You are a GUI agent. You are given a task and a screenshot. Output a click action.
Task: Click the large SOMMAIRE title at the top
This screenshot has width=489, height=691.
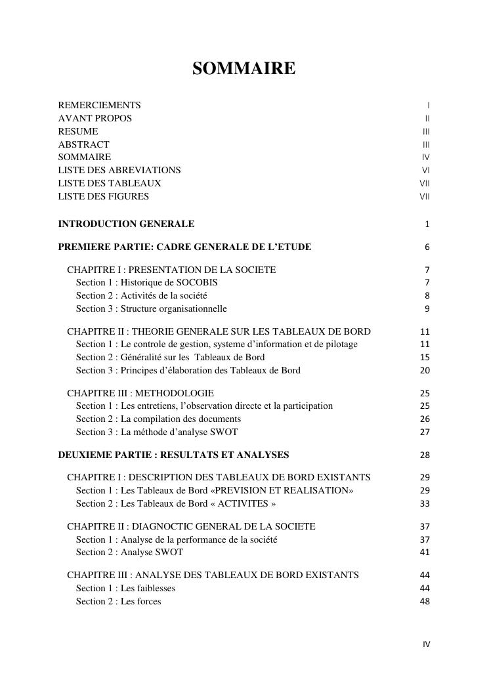coord(244,68)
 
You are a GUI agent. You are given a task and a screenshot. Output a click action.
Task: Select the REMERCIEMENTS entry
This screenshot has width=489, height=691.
coord(100,105)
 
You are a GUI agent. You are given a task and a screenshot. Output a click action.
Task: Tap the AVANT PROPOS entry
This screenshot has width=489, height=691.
coord(95,118)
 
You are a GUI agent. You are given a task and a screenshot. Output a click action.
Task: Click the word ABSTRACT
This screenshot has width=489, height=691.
coord(84,144)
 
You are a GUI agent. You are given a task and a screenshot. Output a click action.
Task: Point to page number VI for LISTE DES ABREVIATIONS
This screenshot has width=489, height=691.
coord(425,170)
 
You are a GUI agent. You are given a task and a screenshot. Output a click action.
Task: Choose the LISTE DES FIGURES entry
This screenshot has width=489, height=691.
coord(104,196)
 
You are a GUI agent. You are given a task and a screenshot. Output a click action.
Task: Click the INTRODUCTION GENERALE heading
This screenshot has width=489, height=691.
coord(126,224)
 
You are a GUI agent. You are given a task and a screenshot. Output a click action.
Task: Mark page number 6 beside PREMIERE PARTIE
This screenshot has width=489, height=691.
coord(427,247)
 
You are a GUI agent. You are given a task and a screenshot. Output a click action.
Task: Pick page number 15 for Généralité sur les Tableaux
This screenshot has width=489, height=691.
coord(425,358)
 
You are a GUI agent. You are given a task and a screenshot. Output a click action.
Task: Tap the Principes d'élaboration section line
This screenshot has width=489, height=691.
coord(188,370)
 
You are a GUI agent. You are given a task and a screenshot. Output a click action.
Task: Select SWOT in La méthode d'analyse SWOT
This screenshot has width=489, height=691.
coord(223,432)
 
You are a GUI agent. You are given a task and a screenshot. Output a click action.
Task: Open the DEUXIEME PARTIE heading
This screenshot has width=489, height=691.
coord(173,455)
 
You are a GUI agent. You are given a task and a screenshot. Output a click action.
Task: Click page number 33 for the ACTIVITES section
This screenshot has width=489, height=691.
coord(425,504)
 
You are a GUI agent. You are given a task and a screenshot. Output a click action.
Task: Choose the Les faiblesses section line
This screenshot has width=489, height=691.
coord(125,588)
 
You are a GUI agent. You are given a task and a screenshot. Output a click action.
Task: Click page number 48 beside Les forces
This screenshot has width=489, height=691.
coord(425,601)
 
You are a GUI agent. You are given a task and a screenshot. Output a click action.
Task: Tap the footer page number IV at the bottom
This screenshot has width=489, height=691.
coord(426,644)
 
